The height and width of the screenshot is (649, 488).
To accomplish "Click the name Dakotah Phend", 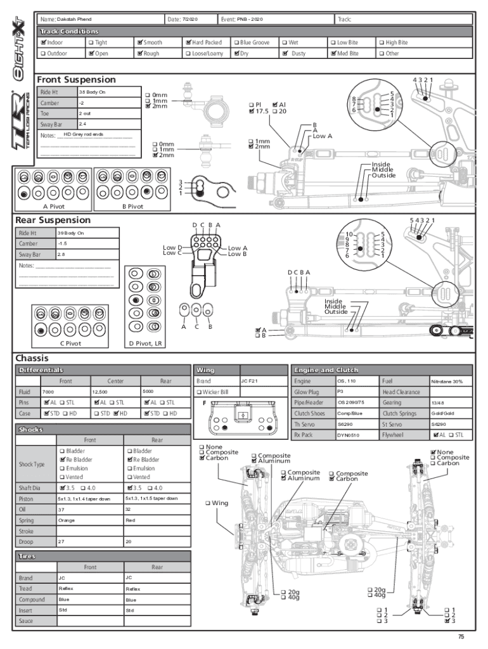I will [74, 20].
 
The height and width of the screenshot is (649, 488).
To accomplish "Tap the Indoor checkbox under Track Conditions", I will [43, 42].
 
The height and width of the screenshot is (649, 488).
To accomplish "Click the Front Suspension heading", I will [76, 80].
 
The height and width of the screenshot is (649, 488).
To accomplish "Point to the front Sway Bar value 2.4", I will [82, 124].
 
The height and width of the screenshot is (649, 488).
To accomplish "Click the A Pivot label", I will [54, 206].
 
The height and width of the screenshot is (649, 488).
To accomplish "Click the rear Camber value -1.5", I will [62, 243].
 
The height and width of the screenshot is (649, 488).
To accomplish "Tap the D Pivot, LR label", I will [145, 343].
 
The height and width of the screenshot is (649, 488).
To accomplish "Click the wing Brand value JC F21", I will [248, 381].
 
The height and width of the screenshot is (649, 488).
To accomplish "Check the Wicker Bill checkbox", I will [198, 392].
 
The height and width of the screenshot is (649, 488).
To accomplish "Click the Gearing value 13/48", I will [438, 402].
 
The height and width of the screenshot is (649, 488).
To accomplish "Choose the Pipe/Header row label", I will [309, 402].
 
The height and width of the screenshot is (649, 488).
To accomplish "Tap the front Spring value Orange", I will [66, 520].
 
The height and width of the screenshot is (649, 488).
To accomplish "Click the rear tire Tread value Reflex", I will [133, 589].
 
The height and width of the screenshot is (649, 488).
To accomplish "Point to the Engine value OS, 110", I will [347, 381].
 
